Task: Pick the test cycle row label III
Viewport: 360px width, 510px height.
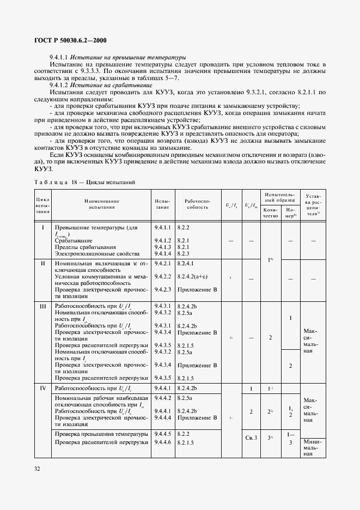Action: pos(42,307)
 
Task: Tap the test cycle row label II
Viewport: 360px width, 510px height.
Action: pos(42,263)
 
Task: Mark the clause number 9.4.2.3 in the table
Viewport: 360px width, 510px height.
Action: pos(163,289)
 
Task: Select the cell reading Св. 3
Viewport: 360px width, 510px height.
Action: pos(251,438)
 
